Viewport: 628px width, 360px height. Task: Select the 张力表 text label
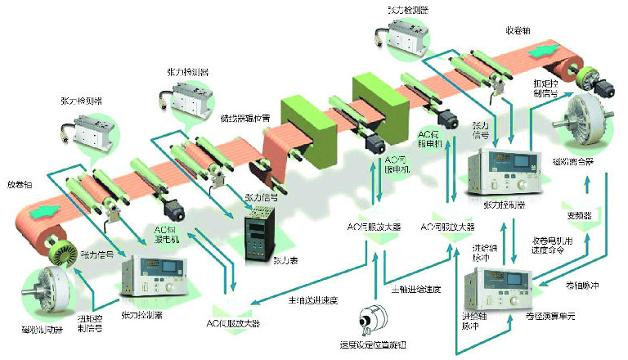coord(285,259)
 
